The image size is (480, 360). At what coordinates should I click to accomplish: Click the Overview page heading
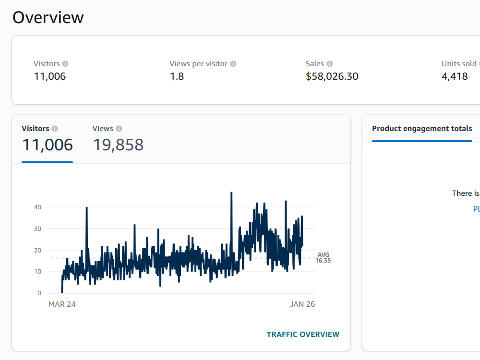(48, 17)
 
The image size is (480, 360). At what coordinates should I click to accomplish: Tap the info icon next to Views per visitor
(233, 64)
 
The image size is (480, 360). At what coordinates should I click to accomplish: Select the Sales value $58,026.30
(332, 76)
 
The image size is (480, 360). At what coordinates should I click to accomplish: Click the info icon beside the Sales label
(330, 64)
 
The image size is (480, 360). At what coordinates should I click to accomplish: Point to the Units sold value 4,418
(455, 76)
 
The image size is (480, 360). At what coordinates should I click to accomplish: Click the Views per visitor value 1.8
(177, 76)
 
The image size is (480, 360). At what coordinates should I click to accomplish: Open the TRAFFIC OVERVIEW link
(303, 334)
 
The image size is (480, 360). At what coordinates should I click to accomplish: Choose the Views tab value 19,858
(119, 145)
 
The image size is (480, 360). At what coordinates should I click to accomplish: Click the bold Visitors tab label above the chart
(36, 128)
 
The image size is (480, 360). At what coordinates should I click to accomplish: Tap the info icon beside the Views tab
(119, 129)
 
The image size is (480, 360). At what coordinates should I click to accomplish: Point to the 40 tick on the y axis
(37, 207)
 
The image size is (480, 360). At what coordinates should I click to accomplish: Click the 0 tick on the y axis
(39, 293)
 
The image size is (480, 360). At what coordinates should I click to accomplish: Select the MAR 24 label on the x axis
(62, 304)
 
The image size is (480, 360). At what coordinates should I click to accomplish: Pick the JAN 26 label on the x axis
(302, 304)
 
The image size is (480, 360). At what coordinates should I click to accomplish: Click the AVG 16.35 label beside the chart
(323, 257)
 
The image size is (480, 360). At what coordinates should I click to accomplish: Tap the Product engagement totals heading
(422, 129)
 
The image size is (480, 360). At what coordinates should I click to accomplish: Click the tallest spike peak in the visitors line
(231, 192)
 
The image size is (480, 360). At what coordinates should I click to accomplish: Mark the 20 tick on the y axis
(37, 251)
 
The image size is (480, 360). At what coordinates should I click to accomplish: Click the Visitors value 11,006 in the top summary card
(50, 76)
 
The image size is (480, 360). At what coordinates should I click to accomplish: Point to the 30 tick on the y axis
(37, 228)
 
